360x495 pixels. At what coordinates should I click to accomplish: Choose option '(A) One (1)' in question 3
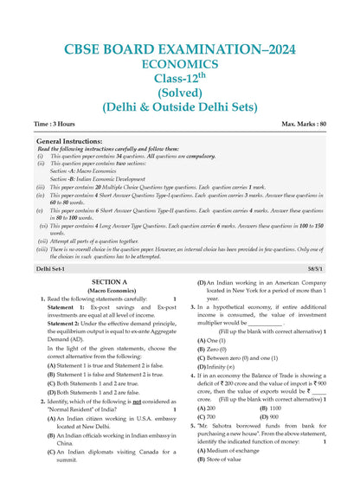[213, 341]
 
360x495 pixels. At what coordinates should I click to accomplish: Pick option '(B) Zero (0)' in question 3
[214, 350]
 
